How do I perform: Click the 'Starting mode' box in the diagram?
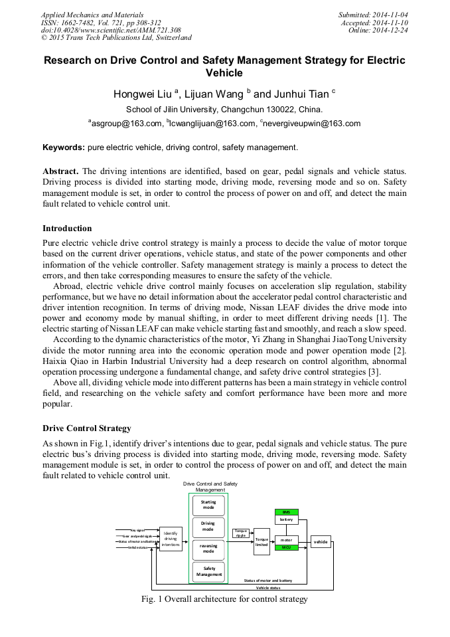[x=208, y=505]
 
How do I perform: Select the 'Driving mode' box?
[x=208, y=527]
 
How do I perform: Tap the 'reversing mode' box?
[x=208, y=549]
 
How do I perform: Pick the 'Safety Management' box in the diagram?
[x=208, y=571]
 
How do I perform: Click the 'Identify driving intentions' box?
[x=171, y=539]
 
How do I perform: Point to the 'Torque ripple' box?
[x=241, y=533]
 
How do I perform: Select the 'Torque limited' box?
[x=262, y=542]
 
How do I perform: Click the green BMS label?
[x=286, y=512]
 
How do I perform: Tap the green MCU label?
[x=286, y=547]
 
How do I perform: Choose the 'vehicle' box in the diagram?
[x=321, y=542]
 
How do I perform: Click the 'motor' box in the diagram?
[x=286, y=540]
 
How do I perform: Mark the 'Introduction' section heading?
[x=67, y=228]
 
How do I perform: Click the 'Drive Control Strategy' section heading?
[x=87, y=428]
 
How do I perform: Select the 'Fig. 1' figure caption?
[x=224, y=599]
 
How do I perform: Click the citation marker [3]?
[x=375, y=371]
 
